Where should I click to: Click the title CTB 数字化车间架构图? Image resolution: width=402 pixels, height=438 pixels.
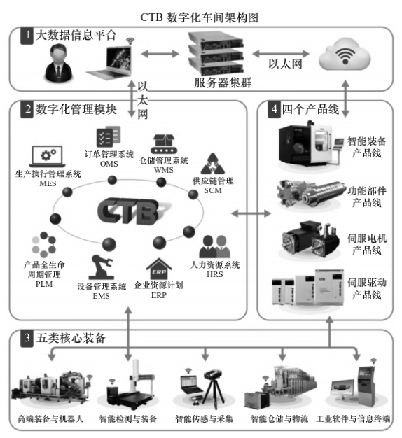click(201, 16)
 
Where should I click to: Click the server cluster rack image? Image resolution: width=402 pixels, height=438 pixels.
click(213, 55)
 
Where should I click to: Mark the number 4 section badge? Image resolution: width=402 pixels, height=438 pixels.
click(270, 109)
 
